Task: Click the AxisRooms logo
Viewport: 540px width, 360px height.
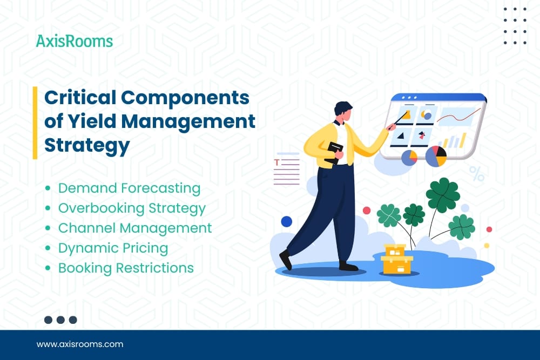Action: pyautogui.click(x=75, y=41)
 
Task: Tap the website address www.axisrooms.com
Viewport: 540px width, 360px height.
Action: pyautogui.click(x=80, y=344)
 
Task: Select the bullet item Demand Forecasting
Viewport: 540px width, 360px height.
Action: pyautogui.click(x=129, y=188)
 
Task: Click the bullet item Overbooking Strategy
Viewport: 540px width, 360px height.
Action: pyautogui.click(x=132, y=208)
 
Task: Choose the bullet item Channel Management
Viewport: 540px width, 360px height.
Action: pyautogui.click(x=135, y=228)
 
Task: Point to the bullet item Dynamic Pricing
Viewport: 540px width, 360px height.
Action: pyautogui.click(x=113, y=248)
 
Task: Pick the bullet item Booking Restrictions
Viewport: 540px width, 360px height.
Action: pyautogui.click(x=126, y=268)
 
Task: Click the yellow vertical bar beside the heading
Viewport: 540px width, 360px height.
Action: pyautogui.click(x=35, y=123)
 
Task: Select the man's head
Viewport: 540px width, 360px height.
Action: pyautogui.click(x=343, y=111)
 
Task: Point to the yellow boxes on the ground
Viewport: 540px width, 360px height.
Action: pyautogui.click(x=397, y=259)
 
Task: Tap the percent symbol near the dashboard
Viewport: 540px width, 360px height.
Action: pyautogui.click(x=477, y=173)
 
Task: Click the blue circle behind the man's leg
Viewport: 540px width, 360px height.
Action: pyautogui.click(x=287, y=221)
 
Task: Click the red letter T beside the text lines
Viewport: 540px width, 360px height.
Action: pyautogui.click(x=276, y=162)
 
